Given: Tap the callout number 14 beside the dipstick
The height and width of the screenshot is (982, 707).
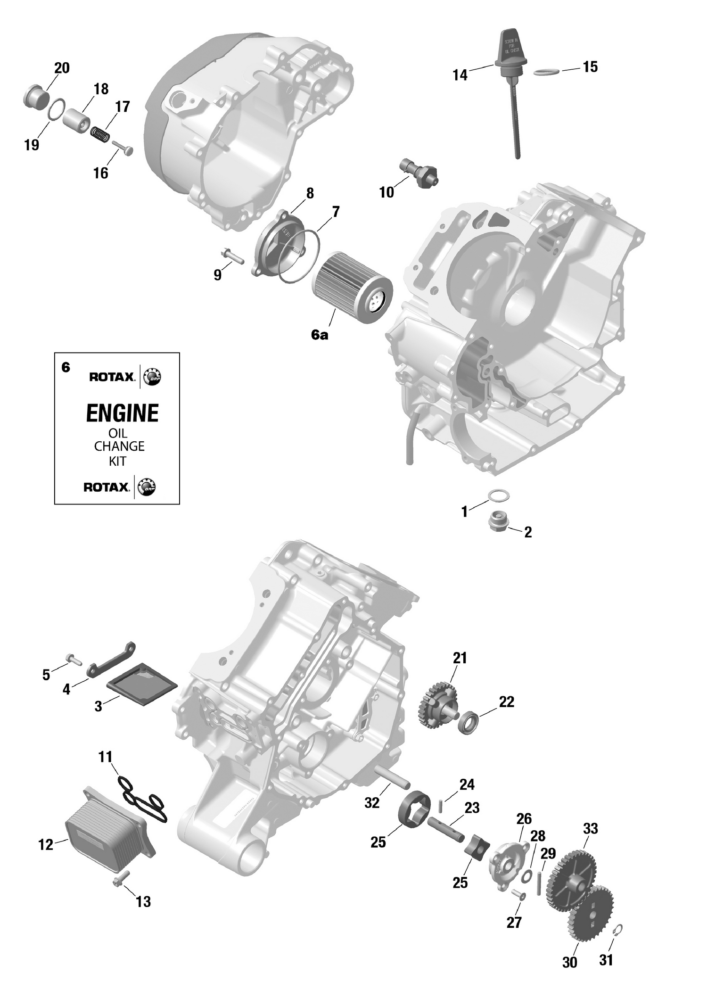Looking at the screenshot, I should (460, 75).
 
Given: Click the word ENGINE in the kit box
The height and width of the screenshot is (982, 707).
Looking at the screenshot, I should (122, 413).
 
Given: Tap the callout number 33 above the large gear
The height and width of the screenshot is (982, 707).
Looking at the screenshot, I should (590, 828).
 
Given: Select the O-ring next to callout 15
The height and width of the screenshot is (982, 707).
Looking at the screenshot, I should (547, 72).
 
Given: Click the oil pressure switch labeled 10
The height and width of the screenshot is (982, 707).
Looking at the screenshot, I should (419, 172).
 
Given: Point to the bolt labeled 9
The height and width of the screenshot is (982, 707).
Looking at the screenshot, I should (232, 257).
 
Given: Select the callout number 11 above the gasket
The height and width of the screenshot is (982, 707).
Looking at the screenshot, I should (106, 757).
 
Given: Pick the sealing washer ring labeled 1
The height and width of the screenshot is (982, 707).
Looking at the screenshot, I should (498, 495).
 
